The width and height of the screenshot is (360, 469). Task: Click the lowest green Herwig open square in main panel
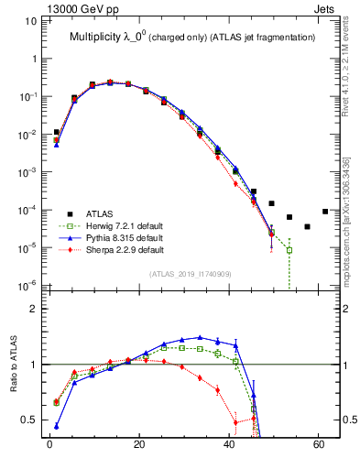289,250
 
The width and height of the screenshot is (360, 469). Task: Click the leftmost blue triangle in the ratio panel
57,426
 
